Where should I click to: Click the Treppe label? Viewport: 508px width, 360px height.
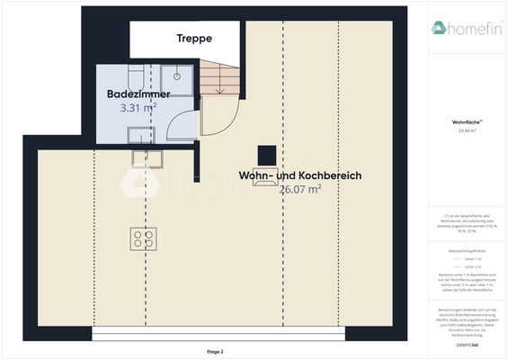click(x=194, y=39)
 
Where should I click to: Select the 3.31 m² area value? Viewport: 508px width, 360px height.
click(x=138, y=107)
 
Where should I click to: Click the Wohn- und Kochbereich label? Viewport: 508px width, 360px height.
click(x=299, y=175)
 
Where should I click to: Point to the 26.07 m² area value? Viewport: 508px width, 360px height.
click(x=299, y=190)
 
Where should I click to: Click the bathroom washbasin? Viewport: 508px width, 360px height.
click(x=139, y=135)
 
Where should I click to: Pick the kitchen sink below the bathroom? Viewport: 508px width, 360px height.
click(x=147, y=158)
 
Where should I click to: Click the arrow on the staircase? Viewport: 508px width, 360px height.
click(x=219, y=86)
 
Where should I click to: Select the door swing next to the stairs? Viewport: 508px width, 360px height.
click(x=218, y=112)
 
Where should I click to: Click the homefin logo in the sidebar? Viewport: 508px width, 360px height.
click(x=465, y=28)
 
